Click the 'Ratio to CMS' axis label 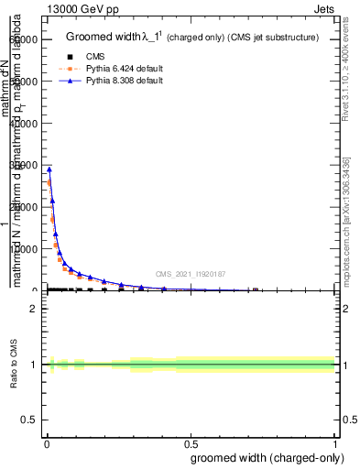pyautogui.click(x=14, y=365)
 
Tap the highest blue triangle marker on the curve pyautogui.click(x=49, y=169)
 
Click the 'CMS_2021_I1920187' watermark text pyautogui.click(x=191, y=274)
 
